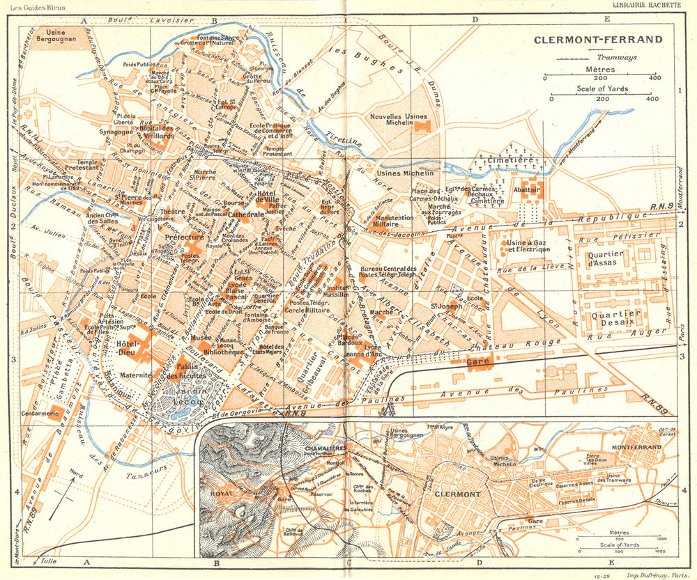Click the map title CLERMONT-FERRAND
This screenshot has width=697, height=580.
598,39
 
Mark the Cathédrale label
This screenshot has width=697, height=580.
245,215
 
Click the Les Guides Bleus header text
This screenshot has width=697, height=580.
31,6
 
